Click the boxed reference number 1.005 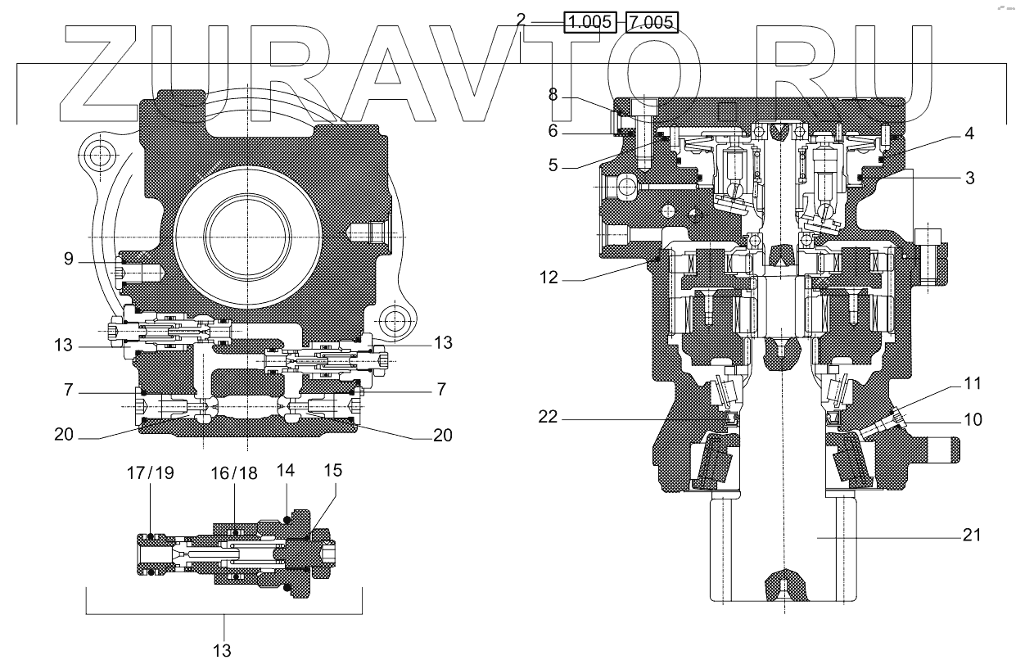(589, 22)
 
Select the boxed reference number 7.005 (652, 22)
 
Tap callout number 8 (553, 95)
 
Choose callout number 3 (969, 177)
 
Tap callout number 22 (549, 417)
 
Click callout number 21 (970, 536)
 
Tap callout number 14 (285, 472)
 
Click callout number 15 (333, 472)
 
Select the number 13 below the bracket (222, 651)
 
